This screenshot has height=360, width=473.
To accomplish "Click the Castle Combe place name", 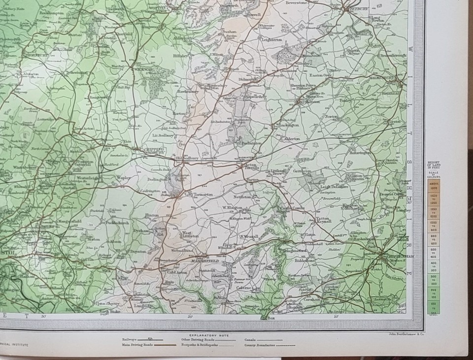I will (290, 209).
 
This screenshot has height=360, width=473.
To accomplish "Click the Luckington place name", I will (289, 126).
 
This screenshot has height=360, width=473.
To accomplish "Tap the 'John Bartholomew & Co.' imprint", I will (400, 334).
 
